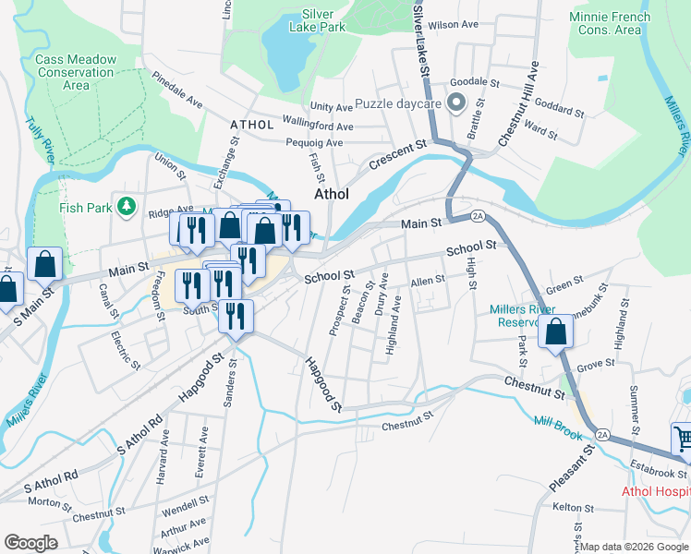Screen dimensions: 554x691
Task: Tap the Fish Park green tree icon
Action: [x=127, y=206]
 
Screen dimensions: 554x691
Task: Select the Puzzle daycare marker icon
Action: [x=455, y=103]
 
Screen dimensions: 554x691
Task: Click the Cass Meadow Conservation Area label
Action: [x=76, y=72]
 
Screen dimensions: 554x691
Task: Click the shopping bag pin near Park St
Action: [x=555, y=331]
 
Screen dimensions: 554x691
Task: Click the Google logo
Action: [x=31, y=543]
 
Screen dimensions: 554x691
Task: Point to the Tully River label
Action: [x=39, y=138]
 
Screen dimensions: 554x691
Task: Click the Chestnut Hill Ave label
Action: [x=517, y=104]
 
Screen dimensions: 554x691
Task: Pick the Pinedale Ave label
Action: [x=177, y=90]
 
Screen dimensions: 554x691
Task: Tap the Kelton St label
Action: [x=572, y=507]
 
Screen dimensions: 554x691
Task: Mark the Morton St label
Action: [x=50, y=504]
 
